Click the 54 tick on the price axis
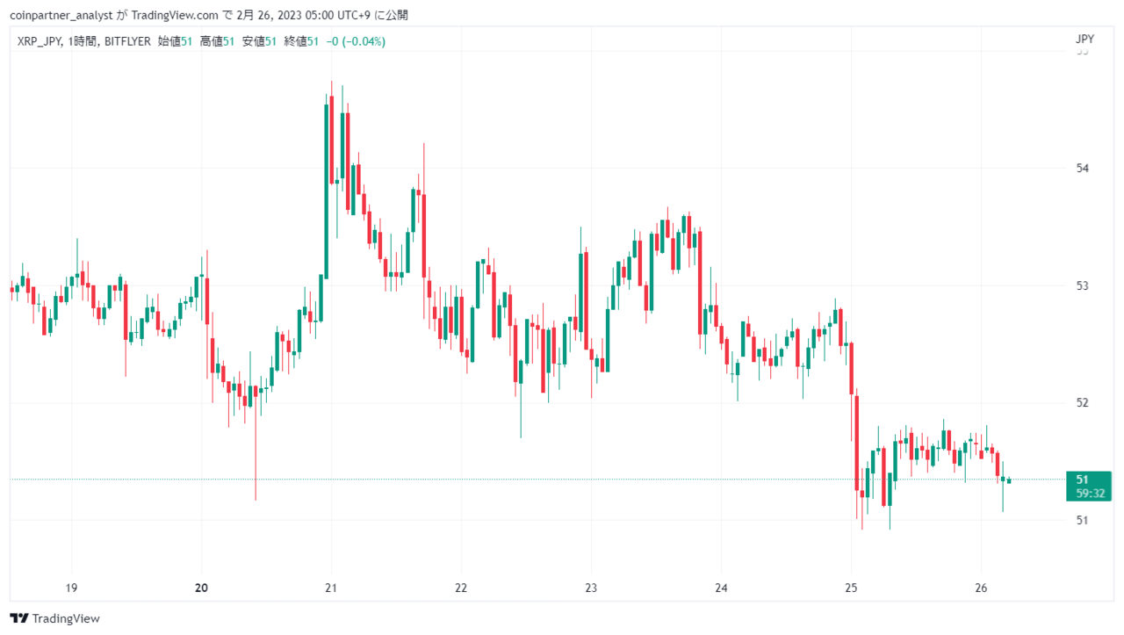tap(1083, 168)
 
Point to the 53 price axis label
tap(1083, 285)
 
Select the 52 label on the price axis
tap(1083, 402)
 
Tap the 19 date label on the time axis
tap(71, 588)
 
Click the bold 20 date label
tap(201, 588)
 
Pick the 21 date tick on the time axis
tap(331, 588)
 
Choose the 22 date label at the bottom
tap(461, 588)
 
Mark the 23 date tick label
tap(591, 588)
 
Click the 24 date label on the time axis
tap(721, 588)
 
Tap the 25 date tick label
tap(851, 588)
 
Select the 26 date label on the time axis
tap(981, 588)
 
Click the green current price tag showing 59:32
tap(1088, 487)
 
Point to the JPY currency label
tap(1084, 40)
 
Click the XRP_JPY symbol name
tap(40, 41)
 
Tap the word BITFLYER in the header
tap(127, 41)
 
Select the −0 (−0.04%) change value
tap(356, 41)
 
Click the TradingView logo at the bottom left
tap(54, 618)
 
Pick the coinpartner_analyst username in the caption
tap(61, 16)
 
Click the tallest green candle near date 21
tap(326, 191)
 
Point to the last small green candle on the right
tap(1009, 481)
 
